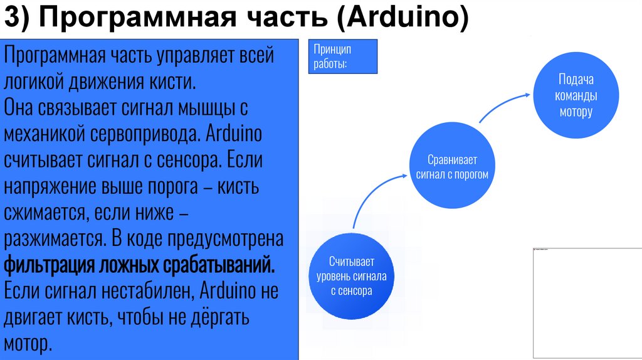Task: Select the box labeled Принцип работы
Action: pyautogui.click(x=342, y=56)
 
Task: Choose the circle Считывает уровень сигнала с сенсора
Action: pyautogui.click(x=351, y=276)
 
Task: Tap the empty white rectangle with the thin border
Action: pyautogui.click(x=586, y=302)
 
